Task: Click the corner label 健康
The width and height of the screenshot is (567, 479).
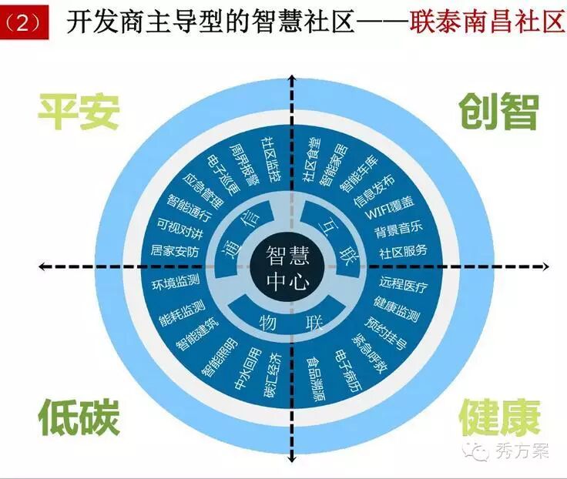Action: pos(498,417)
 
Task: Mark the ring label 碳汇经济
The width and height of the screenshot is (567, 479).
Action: pos(271,374)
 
